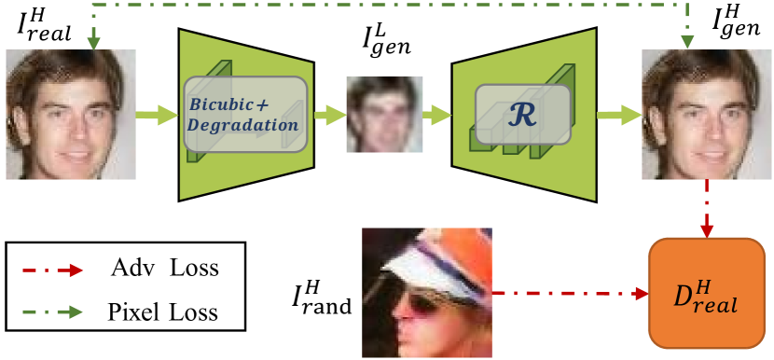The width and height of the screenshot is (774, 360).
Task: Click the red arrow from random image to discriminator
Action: pos(569,295)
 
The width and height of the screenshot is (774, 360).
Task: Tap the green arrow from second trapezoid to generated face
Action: pos(615,115)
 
